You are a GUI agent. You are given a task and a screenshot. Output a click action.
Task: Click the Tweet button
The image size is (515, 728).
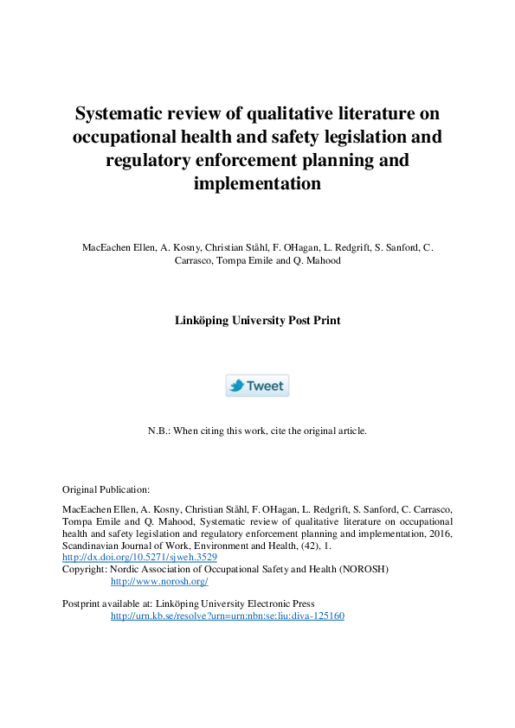[257, 386]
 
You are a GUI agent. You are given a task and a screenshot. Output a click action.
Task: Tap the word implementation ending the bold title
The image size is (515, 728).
[257, 184]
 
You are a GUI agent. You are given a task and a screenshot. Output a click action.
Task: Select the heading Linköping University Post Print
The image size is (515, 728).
[257, 320]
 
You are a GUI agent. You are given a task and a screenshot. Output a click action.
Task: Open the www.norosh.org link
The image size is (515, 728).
[159, 582]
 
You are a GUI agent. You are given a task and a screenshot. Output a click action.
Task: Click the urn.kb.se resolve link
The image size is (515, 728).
[228, 616]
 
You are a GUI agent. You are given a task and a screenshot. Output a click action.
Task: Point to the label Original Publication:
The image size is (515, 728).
[106, 489]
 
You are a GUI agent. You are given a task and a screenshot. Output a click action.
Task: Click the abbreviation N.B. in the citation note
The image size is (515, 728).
[160, 430]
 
